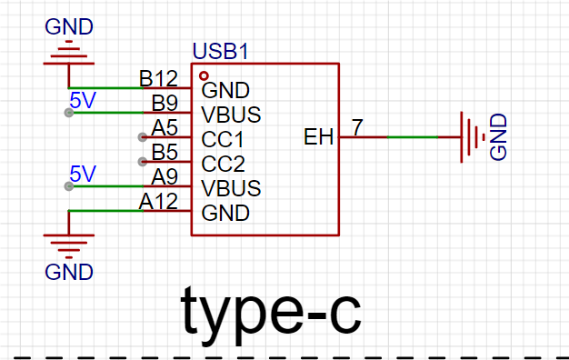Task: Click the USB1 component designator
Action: [x=221, y=51]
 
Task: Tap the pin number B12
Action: [x=158, y=78]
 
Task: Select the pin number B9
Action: [x=165, y=103]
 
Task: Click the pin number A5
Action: [x=165, y=127]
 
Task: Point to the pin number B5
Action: [x=165, y=152]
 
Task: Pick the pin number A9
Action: [x=165, y=176]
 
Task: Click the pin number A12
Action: [x=158, y=202]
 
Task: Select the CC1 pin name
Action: [x=223, y=139]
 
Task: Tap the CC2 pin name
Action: [x=224, y=164]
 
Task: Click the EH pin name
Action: [x=318, y=137]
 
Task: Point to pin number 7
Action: [x=357, y=127]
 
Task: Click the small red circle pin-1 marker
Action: [x=204, y=75]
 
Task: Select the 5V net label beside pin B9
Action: [x=83, y=100]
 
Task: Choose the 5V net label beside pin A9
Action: [x=83, y=174]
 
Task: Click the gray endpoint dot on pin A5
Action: [x=143, y=137]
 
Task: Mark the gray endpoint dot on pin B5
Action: [x=143, y=162]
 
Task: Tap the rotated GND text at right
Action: [x=498, y=136]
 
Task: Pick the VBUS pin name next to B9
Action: [x=231, y=115]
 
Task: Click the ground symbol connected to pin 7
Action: [x=473, y=137]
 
